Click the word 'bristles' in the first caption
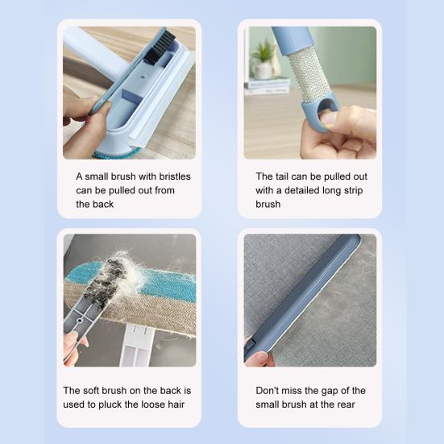(175, 176)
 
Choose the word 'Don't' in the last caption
(267, 391)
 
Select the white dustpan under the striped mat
(136, 345)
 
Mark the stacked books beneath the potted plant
(267, 86)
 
